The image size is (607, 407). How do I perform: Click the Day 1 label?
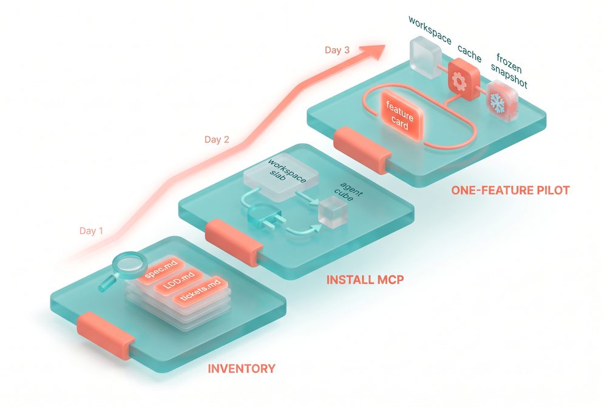pyautogui.click(x=91, y=231)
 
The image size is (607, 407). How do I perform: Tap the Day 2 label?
pyautogui.click(x=217, y=139)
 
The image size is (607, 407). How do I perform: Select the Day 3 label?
pyautogui.click(x=337, y=50)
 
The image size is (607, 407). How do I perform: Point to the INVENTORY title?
pyautogui.click(x=242, y=368)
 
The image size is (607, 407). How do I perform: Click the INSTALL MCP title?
pyautogui.click(x=365, y=279)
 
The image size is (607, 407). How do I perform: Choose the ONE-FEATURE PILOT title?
pyautogui.click(x=510, y=190)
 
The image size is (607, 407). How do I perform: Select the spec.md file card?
pyautogui.click(x=161, y=269)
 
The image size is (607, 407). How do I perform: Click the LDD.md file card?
pyautogui.click(x=178, y=281)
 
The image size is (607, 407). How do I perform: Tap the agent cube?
pyautogui.click(x=333, y=211)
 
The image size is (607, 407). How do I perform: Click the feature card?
pyautogui.click(x=400, y=115)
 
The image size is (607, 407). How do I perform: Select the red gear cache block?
pyautogui.click(x=464, y=80)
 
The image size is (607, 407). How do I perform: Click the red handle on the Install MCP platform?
pyautogui.click(x=234, y=242)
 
